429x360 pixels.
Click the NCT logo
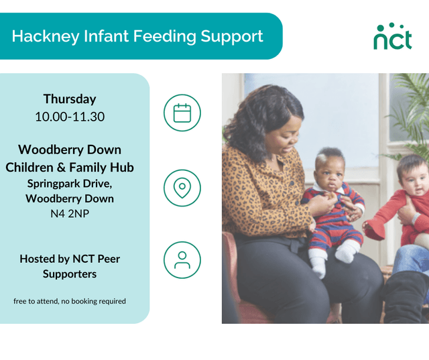(393, 37)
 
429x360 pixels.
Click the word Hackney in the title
(40, 36)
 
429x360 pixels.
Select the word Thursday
(70, 99)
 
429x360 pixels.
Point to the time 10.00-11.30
(70, 117)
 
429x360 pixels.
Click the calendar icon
(182, 113)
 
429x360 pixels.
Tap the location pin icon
(182, 188)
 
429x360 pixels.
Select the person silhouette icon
(182, 260)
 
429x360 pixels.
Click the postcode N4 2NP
(70, 215)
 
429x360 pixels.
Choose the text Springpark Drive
(70, 183)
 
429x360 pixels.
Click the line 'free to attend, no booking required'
(70, 301)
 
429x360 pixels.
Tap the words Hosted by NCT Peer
(70, 259)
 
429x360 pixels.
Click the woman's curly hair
(258, 111)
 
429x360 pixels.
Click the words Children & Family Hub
(70, 167)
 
